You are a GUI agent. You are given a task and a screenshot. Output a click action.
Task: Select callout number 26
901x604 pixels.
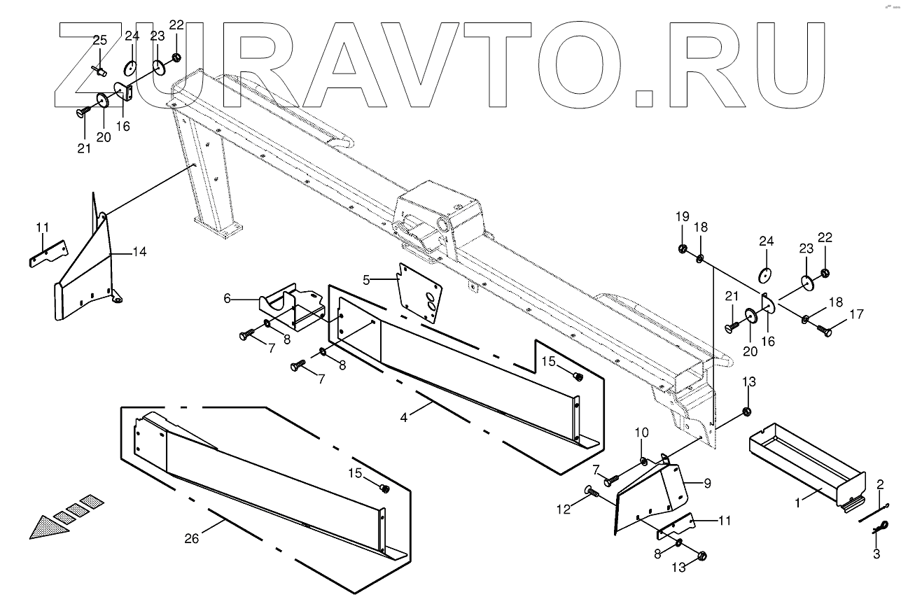coord(190,538)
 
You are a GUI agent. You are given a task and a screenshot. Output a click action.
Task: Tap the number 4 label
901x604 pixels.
coord(403,419)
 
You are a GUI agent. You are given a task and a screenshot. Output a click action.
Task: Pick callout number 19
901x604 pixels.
coord(682,216)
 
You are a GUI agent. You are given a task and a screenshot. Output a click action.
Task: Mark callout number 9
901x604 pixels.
coord(706,482)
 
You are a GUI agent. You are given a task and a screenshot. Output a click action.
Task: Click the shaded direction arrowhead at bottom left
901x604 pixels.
coord(46,526)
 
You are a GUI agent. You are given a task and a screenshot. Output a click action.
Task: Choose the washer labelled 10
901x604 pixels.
coord(643,461)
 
